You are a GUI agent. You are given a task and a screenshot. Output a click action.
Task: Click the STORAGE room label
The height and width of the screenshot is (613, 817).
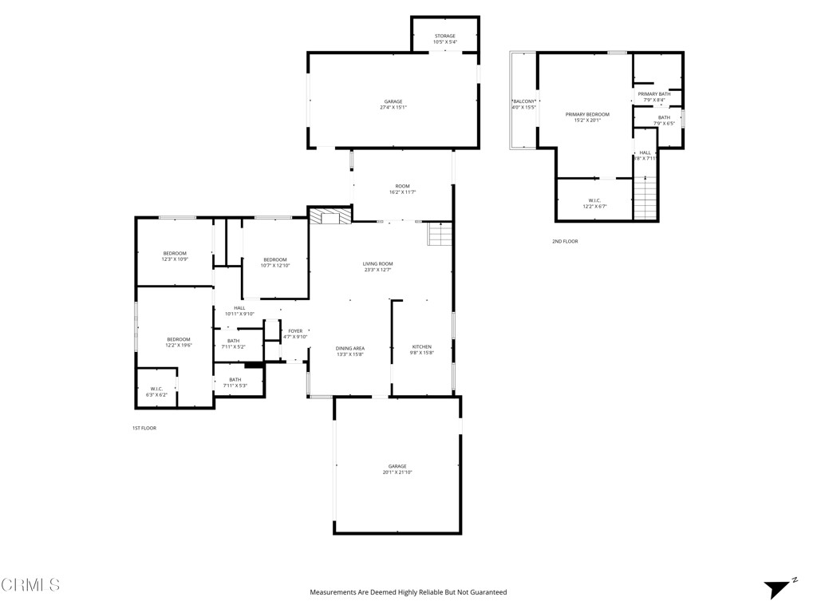tap(445, 36)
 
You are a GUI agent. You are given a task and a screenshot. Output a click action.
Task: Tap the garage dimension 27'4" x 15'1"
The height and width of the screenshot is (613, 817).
tap(393, 108)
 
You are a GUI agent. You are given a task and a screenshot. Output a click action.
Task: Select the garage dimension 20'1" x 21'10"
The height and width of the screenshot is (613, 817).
tap(397, 473)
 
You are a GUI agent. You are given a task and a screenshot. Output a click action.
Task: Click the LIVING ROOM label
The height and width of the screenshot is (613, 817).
tap(378, 263)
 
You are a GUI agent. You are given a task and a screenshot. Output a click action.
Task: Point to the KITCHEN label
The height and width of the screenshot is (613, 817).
tap(421, 346)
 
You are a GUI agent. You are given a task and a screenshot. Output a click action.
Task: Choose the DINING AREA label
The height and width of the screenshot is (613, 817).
tap(350, 348)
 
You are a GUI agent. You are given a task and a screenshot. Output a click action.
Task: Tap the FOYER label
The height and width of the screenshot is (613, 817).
tap(295, 330)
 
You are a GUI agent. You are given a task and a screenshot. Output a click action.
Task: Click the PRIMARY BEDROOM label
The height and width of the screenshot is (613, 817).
tap(587, 114)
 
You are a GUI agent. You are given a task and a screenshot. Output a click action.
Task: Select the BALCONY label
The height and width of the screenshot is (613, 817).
tap(524, 101)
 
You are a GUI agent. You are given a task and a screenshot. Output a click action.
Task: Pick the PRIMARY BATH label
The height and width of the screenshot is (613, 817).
tap(654, 93)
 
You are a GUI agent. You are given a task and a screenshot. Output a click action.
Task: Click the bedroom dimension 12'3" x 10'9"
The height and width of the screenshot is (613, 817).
tap(175, 259)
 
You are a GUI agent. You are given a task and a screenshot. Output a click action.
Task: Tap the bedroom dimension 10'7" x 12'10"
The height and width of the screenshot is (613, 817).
tap(275, 265)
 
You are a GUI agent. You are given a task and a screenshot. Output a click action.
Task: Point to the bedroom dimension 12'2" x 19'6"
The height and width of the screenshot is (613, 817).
tap(179, 346)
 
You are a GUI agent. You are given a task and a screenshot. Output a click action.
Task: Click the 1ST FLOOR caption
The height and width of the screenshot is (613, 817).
tap(144, 429)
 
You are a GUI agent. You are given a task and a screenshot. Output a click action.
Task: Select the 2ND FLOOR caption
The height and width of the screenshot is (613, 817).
tap(565, 241)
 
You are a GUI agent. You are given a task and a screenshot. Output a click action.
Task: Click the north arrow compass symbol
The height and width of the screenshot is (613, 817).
tap(778, 588)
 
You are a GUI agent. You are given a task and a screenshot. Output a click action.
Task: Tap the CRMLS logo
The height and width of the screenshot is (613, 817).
tap(30, 585)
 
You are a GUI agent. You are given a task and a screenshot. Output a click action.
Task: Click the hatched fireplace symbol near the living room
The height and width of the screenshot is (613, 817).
tap(330, 216)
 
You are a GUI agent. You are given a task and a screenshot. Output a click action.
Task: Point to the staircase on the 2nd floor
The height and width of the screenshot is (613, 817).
tap(645, 198)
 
